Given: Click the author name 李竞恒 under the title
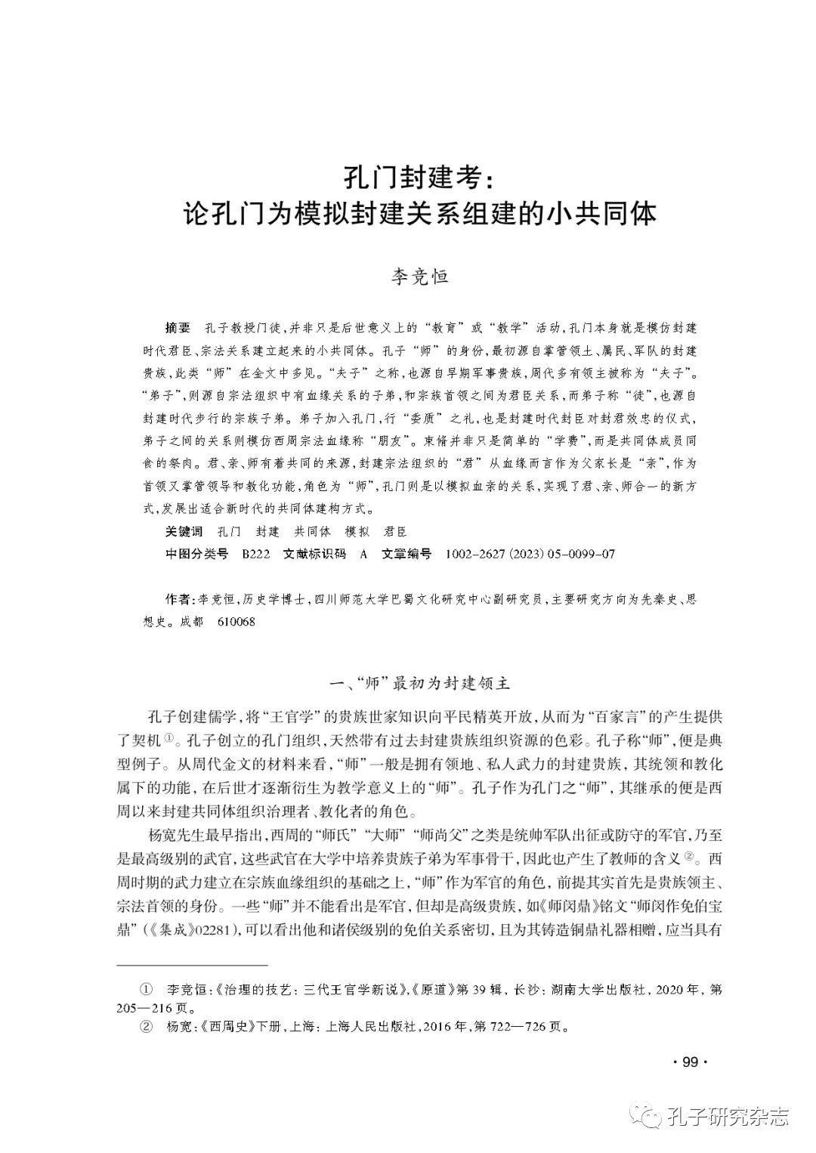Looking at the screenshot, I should [419, 277].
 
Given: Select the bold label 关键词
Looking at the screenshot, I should [184, 532].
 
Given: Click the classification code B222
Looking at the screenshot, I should [255, 554].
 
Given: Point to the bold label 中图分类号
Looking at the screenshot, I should [196, 554].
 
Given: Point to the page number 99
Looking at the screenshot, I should [688, 1062].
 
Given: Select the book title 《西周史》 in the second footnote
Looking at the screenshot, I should [216, 1027].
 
